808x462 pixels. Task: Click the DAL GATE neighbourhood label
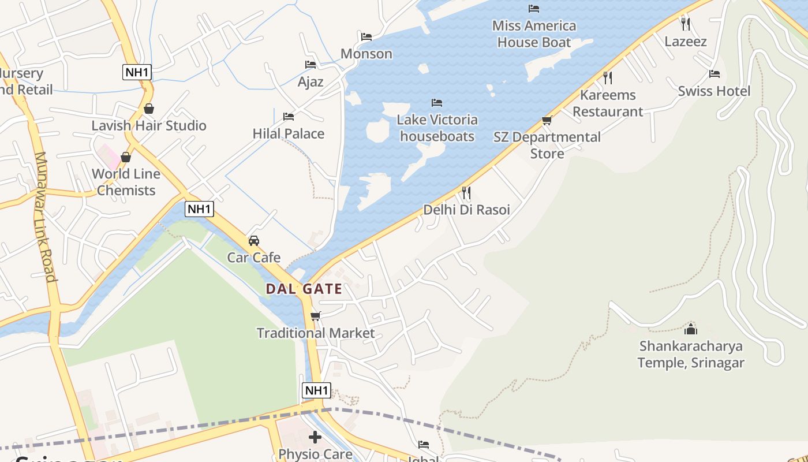click(304, 289)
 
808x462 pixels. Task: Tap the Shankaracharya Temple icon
click(691, 329)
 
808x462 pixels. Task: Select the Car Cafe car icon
click(253, 240)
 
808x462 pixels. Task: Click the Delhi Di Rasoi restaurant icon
click(466, 192)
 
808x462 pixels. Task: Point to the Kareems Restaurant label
click(608, 103)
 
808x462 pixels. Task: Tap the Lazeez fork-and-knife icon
click(686, 24)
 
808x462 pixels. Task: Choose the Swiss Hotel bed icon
click(715, 74)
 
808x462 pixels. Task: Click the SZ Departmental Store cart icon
click(547, 120)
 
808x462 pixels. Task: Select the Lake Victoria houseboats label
click(437, 128)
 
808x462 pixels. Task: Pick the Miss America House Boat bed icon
click(534, 8)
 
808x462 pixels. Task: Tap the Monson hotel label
click(366, 54)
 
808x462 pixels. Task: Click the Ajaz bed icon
click(311, 65)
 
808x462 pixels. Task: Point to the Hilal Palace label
click(289, 133)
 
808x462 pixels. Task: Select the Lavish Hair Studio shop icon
click(149, 109)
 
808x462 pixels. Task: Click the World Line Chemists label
click(126, 182)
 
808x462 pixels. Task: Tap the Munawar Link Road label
click(46, 217)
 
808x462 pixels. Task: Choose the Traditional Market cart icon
click(315, 316)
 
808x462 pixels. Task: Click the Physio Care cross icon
click(315, 437)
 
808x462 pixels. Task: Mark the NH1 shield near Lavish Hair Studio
click(137, 72)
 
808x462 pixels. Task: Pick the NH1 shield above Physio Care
click(316, 390)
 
